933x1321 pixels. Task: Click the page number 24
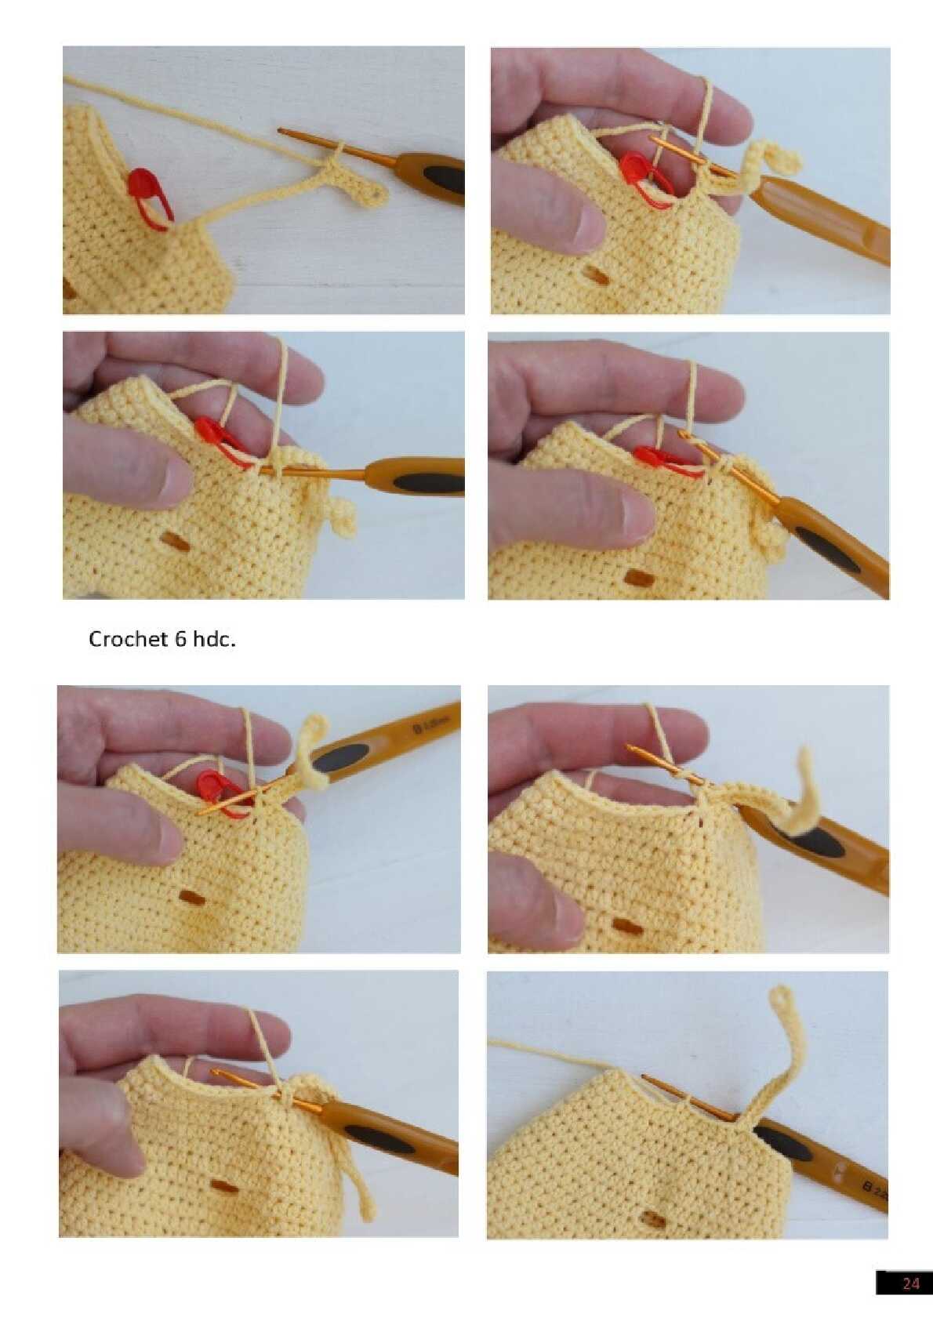click(x=910, y=1283)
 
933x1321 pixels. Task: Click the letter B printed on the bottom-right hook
click(x=868, y=1185)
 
